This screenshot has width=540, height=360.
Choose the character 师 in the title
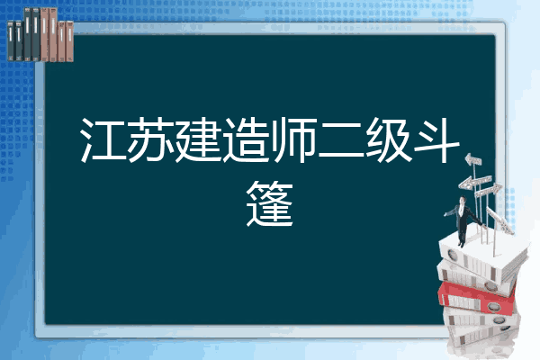[x=293, y=139]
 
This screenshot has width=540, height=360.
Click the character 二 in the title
[x=341, y=141]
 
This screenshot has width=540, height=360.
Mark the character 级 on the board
[x=389, y=139]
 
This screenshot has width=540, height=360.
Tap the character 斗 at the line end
[x=436, y=139]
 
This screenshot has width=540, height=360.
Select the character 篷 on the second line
[x=270, y=203]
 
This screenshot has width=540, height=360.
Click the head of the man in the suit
[x=463, y=200]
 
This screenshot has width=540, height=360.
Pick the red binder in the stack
[x=476, y=298]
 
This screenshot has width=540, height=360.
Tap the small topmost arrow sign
[x=472, y=159]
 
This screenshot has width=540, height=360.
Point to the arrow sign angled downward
[x=499, y=220]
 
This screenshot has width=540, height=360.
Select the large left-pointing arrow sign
[x=475, y=182]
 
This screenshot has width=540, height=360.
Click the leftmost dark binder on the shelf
[x=11, y=41]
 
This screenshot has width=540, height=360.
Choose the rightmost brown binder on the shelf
[x=69, y=41]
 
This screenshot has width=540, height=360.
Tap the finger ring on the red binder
[x=493, y=307]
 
